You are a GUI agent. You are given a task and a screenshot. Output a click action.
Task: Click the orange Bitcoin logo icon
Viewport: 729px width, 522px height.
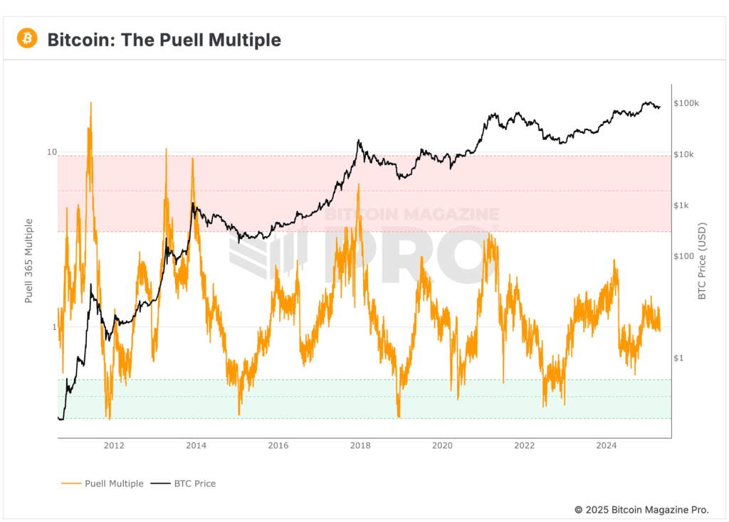pyautogui.click(x=27, y=38)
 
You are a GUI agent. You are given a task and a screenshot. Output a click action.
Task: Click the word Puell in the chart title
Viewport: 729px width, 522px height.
pyautogui.click(x=155, y=40)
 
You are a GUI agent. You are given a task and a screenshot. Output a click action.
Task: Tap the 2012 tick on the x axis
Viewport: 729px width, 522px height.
pyautogui.click(x=114, y=446)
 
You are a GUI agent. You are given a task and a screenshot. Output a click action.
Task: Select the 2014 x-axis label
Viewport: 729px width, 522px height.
pyautogui.click(x=196, y=446)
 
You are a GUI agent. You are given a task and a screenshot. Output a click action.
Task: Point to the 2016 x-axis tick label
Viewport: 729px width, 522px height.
pyautogui.click(x=278, y=446)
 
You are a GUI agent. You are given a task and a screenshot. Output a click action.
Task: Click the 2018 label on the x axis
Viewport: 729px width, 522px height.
pyautogui.click(x=360, y=446)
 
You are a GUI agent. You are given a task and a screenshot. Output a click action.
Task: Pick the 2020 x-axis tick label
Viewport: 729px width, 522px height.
pyautogui.click(x=442, y=446)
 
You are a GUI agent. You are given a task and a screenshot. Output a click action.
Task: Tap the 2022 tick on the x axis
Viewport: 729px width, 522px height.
pyautogui.click(x=525, y=446)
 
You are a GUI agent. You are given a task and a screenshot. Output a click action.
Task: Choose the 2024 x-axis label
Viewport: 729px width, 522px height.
pyautogui.click(x=607, y=446)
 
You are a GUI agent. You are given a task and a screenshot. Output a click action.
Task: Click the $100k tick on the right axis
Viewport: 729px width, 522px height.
pyautogui.click(x=686, y=104)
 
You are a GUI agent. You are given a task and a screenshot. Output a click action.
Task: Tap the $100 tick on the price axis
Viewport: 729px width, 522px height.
pyautogui.click(x=683, y=256)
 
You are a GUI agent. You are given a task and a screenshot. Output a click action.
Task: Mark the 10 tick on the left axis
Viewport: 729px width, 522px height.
pyautogui.click(x=51, y=152)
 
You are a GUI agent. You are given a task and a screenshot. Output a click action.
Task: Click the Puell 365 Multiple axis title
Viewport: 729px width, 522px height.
pyautogui.click(x=29, y=261)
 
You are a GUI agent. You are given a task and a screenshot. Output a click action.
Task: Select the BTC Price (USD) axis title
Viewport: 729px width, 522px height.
pyautogui.click(x=703, y=261)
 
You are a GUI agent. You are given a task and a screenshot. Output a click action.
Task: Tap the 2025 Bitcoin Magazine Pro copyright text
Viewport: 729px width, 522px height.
pyautogui.click(x=641, y=510)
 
